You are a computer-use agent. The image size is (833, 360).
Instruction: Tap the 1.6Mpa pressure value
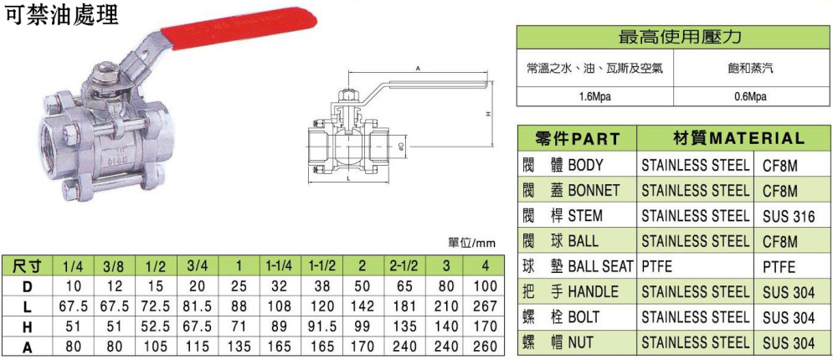coord(595,97)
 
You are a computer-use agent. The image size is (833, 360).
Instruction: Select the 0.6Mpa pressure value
coord(752,97)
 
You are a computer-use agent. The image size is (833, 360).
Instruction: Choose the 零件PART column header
coord(577,139)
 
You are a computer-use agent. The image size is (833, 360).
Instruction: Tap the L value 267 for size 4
coord(482,306)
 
